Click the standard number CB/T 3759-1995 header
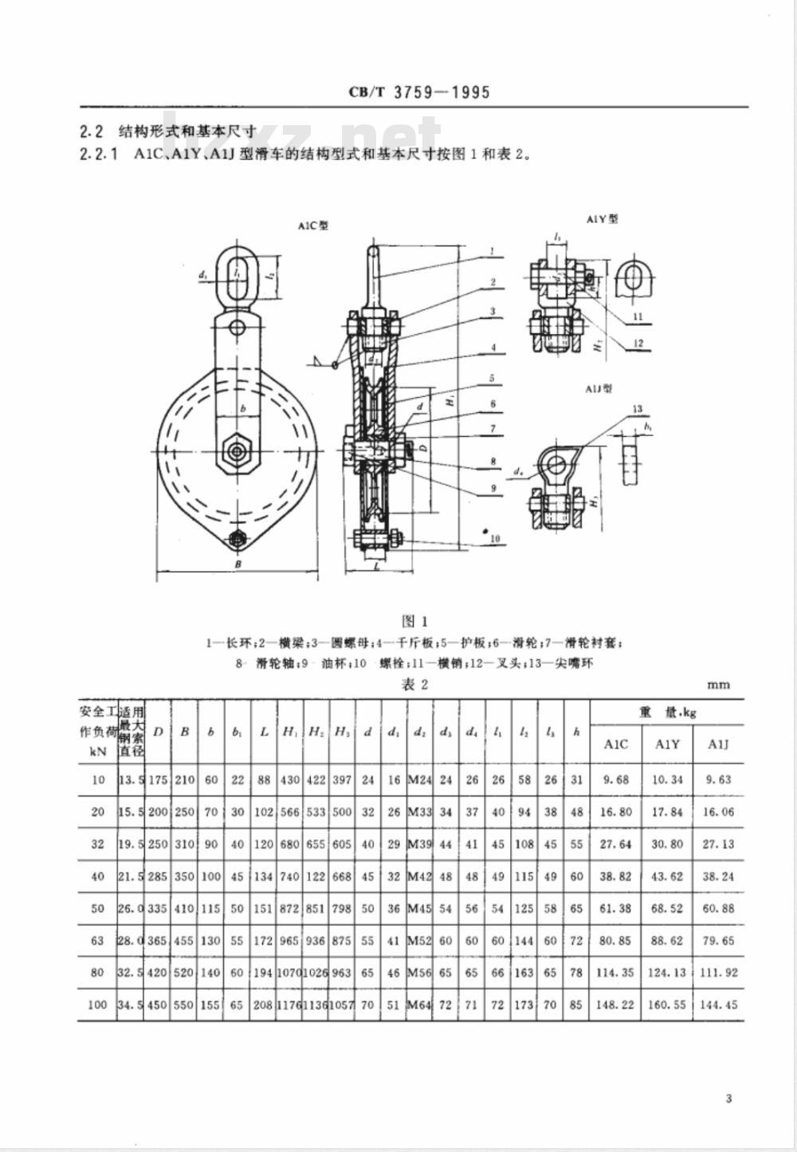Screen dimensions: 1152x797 (x=419, y=92)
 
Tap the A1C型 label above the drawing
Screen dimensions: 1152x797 (x=313, y=226)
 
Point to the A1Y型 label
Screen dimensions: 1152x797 (x=603, y=218)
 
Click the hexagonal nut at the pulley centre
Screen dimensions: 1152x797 (x=236, y=450)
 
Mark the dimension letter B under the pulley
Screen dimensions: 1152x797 (x=238, y=564)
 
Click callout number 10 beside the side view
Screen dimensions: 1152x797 (x=494, y=539)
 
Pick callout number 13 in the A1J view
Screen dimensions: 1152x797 (x=638, y=409)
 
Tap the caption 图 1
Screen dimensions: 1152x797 (x=415, y=621)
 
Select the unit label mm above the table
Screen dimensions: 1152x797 (x=717, y=684)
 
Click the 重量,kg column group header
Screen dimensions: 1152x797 (x=667, y=712)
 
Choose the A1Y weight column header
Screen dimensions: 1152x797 (x=667, y=744)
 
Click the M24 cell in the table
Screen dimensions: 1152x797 (x=419, y=780)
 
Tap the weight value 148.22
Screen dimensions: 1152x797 (x=615, y=1005)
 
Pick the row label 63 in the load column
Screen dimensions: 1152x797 (x=97, y=941)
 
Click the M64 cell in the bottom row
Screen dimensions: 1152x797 (x=419, y=1005)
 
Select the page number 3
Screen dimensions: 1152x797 (x=728, y=1099)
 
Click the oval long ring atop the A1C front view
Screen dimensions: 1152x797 (x=237, y=276)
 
